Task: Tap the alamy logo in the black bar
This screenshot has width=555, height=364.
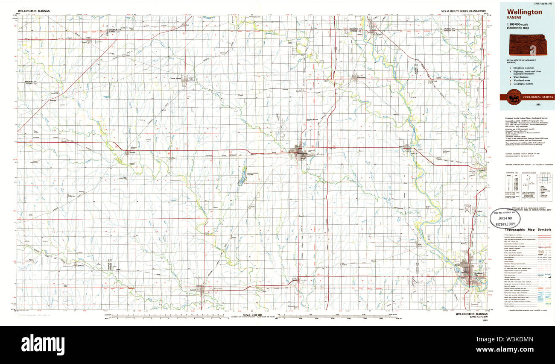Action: click(43, 344)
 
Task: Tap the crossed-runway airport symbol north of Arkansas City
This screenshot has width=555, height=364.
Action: click(467, 209)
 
